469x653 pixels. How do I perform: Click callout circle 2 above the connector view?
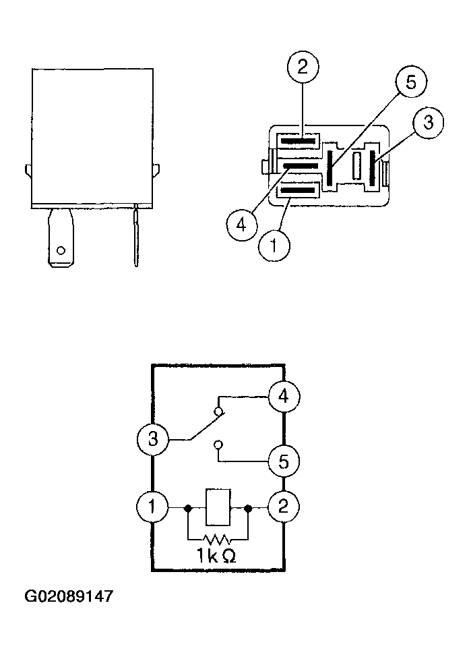pos(303,67)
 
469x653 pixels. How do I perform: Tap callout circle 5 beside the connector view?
pos(411,82)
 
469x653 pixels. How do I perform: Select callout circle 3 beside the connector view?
pos(428,123)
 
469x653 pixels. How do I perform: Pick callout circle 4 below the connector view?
pos(242,225)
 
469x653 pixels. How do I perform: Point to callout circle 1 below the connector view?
pos(274,246)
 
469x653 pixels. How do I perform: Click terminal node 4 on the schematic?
pos(284,396)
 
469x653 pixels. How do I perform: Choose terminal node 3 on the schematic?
pos(153,439)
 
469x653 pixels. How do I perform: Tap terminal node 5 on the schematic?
pos(284,461)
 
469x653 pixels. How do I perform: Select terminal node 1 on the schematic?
pos(152,507)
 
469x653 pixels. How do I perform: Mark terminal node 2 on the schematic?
pos(284,507)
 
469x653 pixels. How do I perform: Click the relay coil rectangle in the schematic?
pos(218,507)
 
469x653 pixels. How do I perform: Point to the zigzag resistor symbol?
pos(217,539)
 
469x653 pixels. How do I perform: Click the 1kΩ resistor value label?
pos(216,556)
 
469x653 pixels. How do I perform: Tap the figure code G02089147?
pos(69,596)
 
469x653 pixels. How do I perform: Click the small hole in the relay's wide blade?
pos(61,250)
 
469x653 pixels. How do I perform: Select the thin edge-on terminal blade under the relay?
pos(135,237)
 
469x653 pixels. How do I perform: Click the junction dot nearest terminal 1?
pos(188,508)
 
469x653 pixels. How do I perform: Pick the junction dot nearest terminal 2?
pos(248,508)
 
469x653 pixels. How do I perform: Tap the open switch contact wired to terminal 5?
pos(218,445)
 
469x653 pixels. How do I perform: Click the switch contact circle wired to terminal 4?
pos(219,412)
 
